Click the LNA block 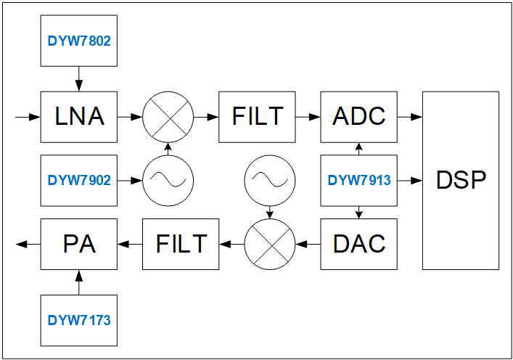[79, 116]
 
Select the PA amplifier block [79, 243]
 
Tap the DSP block [461, 180]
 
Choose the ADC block [359, 116]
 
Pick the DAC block [359, 243]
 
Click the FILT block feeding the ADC [257, 116]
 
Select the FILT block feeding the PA [181, 243]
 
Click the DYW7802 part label [79, 41]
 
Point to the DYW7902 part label [79, 180]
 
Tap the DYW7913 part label [359, 180]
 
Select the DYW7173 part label [79, 319]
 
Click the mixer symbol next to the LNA [168, 116]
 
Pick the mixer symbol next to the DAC [269, 243]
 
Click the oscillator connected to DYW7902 [168, 180]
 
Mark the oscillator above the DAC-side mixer [269, 180]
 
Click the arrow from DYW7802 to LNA [79, 78]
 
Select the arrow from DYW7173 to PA [79, 282]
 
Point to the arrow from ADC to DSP [410, 116]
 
